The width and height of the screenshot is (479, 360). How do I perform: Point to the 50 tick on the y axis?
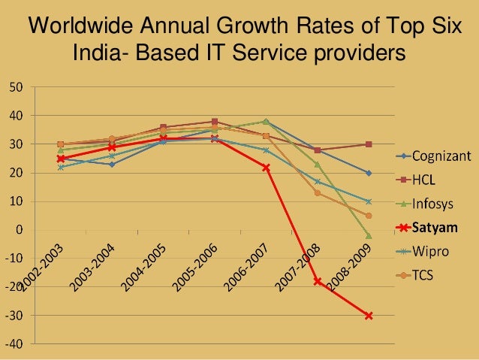pyautogui.click(x=16, y=87)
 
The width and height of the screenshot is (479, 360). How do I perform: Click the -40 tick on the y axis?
pyautogui.click(x=14, y=343)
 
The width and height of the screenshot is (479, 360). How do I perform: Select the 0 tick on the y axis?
pyautogui.click(x=19, y=230)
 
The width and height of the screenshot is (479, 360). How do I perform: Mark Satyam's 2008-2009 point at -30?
pyautogui.click(x=369, y=316)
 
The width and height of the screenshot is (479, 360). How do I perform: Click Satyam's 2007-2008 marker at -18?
pyautogui.click(x=317, y=281)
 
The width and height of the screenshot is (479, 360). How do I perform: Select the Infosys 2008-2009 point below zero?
pyautogui.click(x=369, y=236)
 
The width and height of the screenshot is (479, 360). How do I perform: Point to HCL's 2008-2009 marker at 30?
pyautogui.click(x=369, y=144)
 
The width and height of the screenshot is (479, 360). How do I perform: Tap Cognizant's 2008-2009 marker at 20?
pyautogui.click(x=369, y=173)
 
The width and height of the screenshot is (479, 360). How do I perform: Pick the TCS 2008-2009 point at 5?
pyautogui.click(x=369, y=216)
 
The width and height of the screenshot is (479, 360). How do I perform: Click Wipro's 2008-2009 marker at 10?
pyautogui.click(x=369, y=201)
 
